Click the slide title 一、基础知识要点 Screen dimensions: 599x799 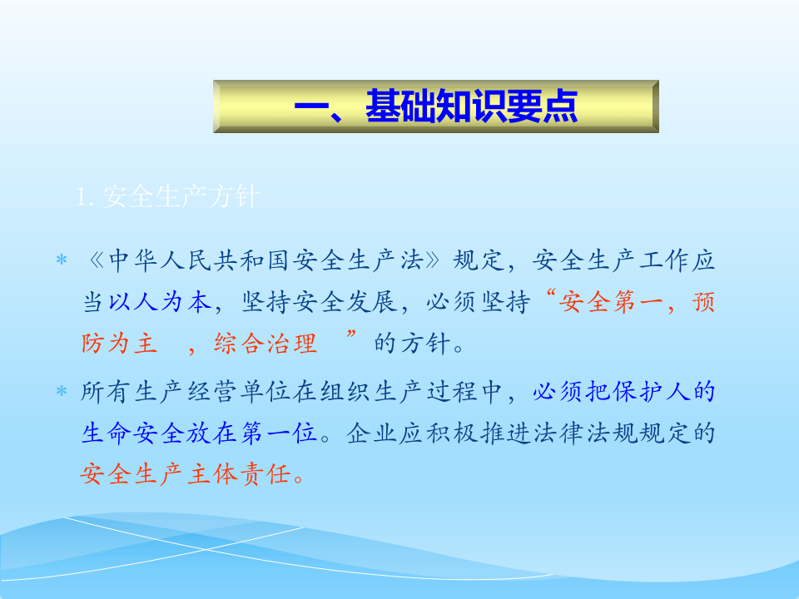click(435, 107)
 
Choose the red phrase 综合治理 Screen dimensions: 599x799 click(266, 344)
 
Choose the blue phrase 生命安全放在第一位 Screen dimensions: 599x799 click(200, 433)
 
